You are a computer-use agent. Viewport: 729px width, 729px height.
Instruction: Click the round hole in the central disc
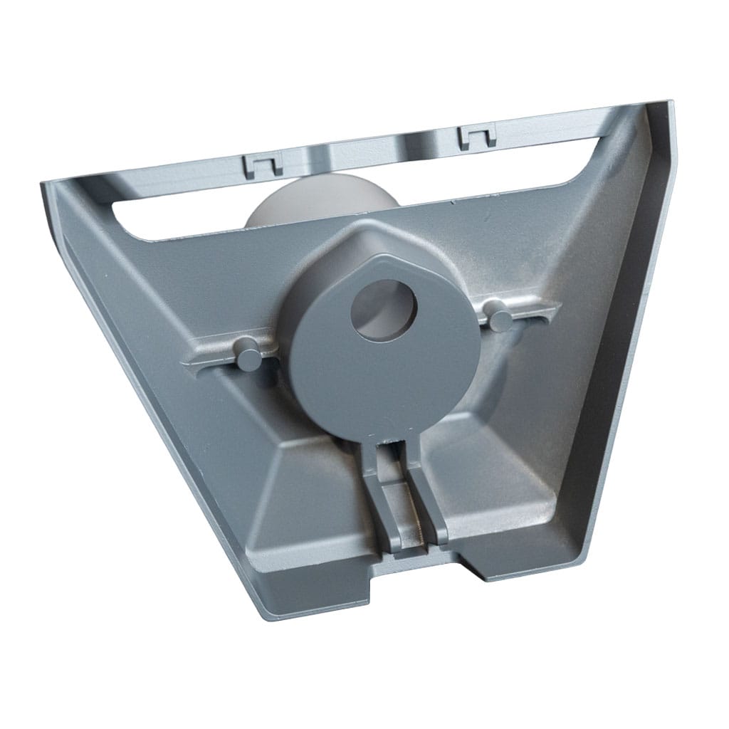click(x=383, y=308)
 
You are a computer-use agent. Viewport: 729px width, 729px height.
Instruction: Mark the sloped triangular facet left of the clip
click(x=313, y=498)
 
